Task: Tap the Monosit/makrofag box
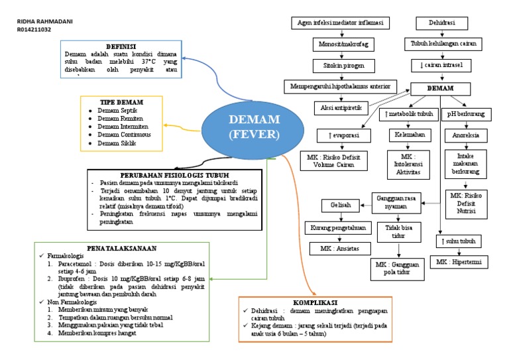point(341,45)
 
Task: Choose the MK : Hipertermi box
point(458,263)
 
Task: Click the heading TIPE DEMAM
point(121,102)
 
